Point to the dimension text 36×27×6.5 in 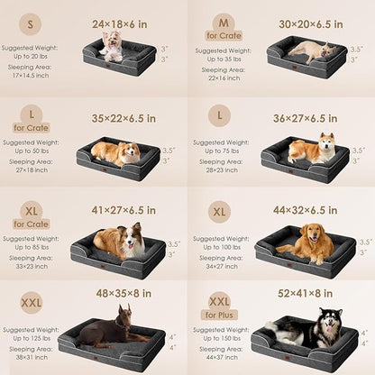coord(308,116)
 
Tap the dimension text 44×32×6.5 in coord(308,209)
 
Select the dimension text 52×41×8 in coord(306,293)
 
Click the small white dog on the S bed coord(111,45)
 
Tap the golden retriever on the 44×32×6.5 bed coord(303,241)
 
